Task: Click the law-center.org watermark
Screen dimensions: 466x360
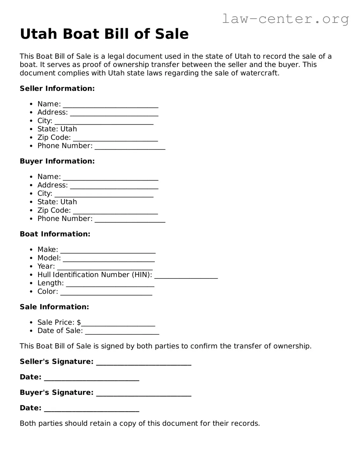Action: pyautogui.click(x=285, y=19)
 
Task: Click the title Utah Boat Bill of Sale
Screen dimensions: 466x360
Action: pyautogui.click(x=104, y=34)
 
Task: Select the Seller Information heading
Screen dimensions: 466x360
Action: pyautogui.click(x=57, y=89)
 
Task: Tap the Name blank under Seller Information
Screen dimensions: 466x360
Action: pyautogui.click(x=110, y=105)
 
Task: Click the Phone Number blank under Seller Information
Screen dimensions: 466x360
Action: pyautogui.click(x=130, y=147)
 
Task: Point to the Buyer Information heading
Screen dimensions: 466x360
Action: pyautogui.click(x=57, y=161)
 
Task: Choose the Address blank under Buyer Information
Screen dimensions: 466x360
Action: pyautogui.click(x=114, y=186)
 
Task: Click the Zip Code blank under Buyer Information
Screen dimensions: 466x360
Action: pyautogui.click(x=115, y=211)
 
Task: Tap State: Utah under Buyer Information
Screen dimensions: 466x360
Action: pyautogui.click(x=57, y=202)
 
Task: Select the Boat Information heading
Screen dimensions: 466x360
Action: pyautogui.click(x=55, y=234)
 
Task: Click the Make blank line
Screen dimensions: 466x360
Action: pyautogui.click(x=108, y=250)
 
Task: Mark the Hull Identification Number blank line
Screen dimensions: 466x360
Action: pyautogui.click(x=186, y=276)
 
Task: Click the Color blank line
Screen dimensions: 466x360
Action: pyautogui.click(x=106, y=292)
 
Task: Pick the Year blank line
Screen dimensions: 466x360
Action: pyautogui.click(x=105, y=267)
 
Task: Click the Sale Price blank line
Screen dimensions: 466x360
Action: pyautogui.click(x=118, y=323)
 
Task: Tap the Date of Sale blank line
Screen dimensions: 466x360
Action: pyautogui.click(x=122, y=332)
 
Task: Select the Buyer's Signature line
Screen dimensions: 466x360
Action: pyautogui.click(x=144, y=394)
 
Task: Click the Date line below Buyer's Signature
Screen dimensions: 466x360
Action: pyautogui.click(x=92, y=409)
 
